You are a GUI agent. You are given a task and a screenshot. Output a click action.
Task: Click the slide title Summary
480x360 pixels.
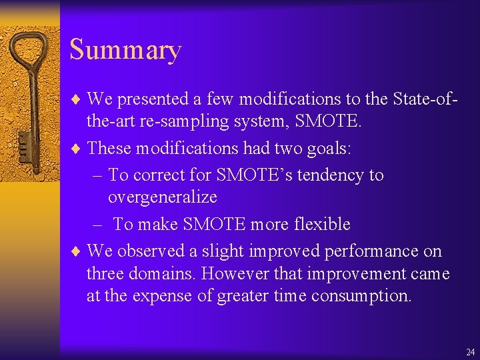(125, 51)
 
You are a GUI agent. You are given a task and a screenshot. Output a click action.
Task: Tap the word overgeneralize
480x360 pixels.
(162, 197)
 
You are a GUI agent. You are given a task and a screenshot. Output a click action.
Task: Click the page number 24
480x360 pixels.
(471, 351)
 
